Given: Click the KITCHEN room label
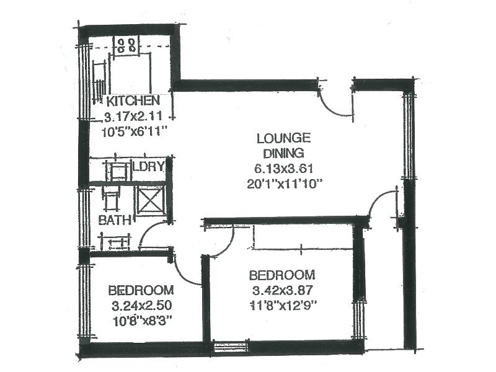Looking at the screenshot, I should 133,101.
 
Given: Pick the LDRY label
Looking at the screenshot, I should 149,166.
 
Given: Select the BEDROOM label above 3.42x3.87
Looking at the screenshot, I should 281,275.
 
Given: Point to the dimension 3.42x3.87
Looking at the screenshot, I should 281,290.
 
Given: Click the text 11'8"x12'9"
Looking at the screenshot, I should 281,304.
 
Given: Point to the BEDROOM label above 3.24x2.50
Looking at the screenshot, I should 140,290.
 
